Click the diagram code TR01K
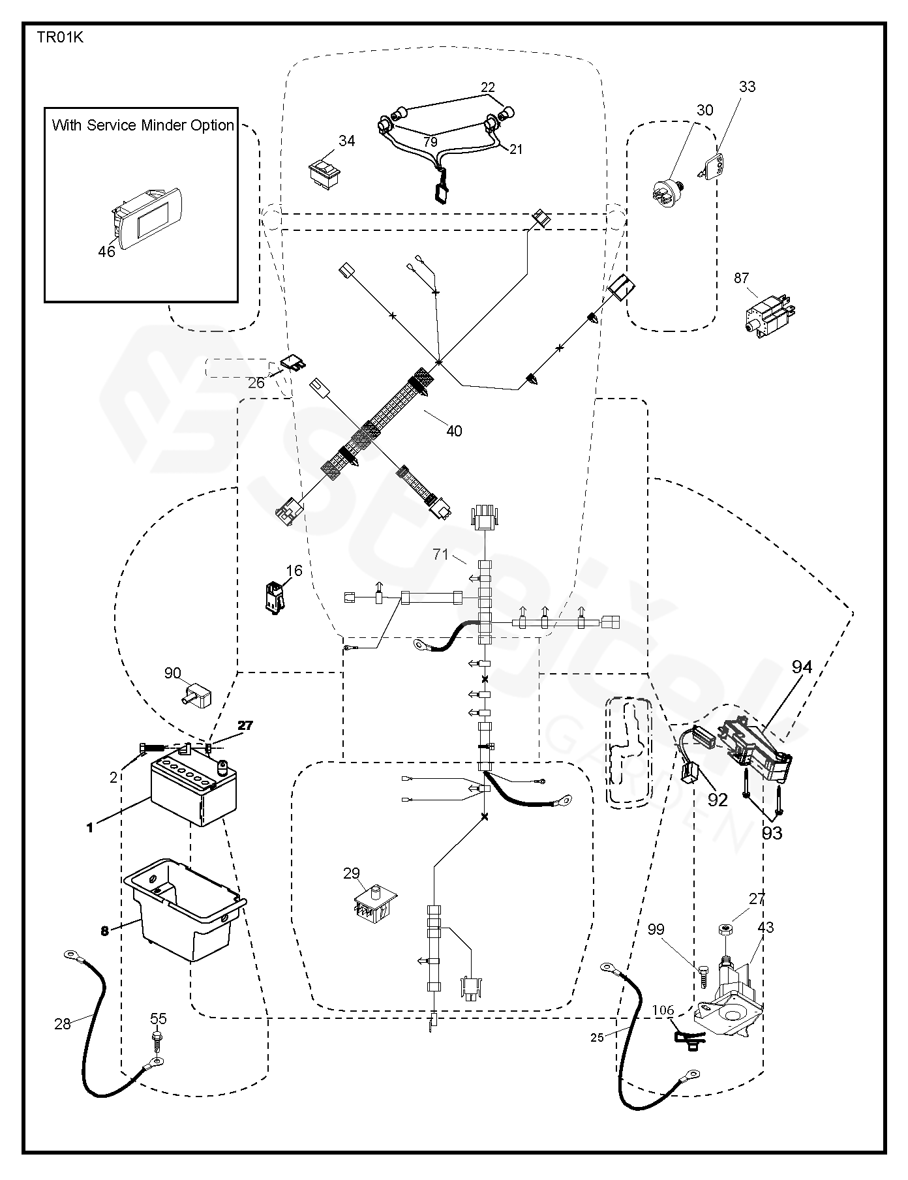[59, 37]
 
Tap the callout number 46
[106, 251]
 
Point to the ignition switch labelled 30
[667, 190]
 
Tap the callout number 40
[454, 431]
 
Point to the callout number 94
[802, 667]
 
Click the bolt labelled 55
[157, 1038]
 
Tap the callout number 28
[63, 1023]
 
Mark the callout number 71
[441, 554]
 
